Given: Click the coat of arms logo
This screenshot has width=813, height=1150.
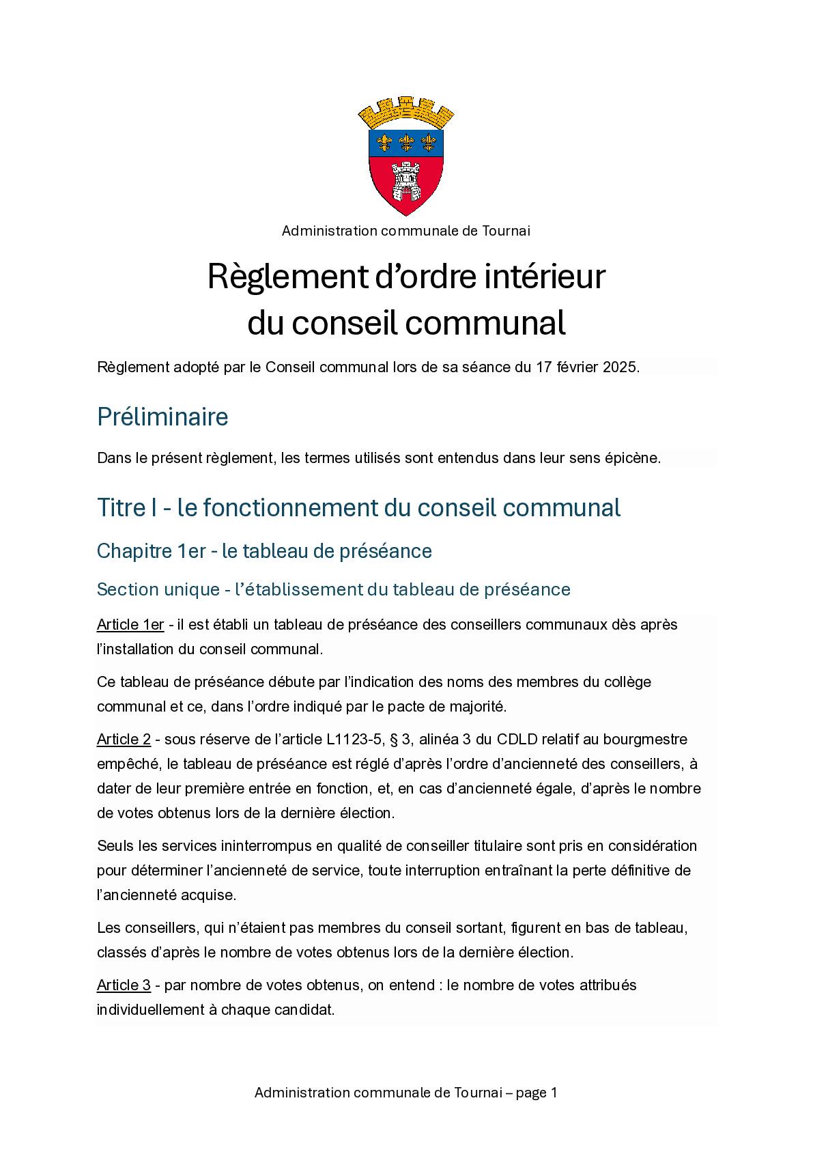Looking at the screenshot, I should click(406, 157).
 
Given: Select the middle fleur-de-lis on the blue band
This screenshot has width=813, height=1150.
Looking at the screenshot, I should click(407, 142).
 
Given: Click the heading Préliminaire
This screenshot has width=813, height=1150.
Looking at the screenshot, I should click(162, 417).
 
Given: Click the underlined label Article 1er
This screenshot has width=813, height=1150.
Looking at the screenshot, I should click(130, 625).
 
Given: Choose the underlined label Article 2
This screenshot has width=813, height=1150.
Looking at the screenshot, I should click(124, 740).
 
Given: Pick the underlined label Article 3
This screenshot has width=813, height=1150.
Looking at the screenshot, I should click(124, 985).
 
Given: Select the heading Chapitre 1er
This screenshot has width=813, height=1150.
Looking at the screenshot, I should click(151, 551).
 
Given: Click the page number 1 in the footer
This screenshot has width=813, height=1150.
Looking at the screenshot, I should click(554, 1093).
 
